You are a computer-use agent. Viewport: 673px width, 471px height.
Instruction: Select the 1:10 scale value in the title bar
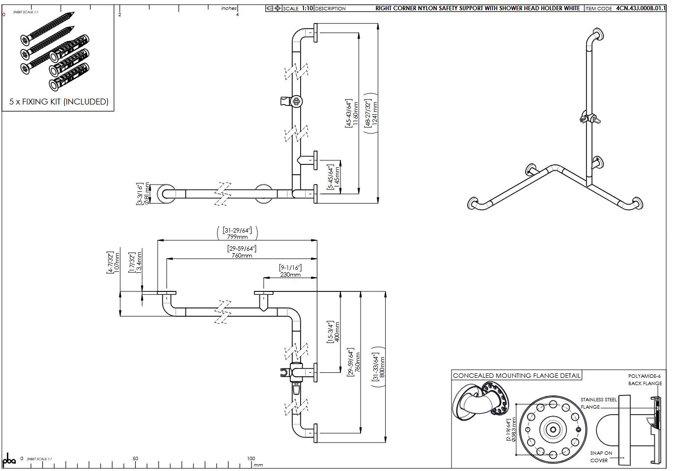pos(306,8)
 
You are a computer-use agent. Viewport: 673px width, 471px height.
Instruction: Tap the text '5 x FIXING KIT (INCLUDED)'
pos(59,102)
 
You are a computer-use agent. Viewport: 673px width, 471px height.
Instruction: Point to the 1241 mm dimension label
pos(375,114)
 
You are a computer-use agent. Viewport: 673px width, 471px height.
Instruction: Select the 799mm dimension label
pos(237,237)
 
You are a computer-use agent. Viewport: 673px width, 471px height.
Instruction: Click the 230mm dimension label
pos(290,275)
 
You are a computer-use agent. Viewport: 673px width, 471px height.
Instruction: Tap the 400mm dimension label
pos(337,333)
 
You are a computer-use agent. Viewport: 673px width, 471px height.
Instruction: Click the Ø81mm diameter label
pos(146,194)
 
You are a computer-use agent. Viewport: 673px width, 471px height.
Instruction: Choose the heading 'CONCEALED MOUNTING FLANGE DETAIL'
pos(516,376)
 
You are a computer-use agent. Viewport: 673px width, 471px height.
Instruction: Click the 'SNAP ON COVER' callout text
pos(601,456)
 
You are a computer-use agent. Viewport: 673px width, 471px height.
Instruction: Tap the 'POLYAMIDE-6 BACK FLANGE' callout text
pos(645,380)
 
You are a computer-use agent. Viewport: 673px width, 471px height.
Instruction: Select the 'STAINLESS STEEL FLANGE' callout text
pos(598,403)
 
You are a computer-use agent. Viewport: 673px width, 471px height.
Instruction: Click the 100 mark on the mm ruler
pos(251,459)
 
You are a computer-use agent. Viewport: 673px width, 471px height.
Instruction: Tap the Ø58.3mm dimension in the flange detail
pos(514,429)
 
